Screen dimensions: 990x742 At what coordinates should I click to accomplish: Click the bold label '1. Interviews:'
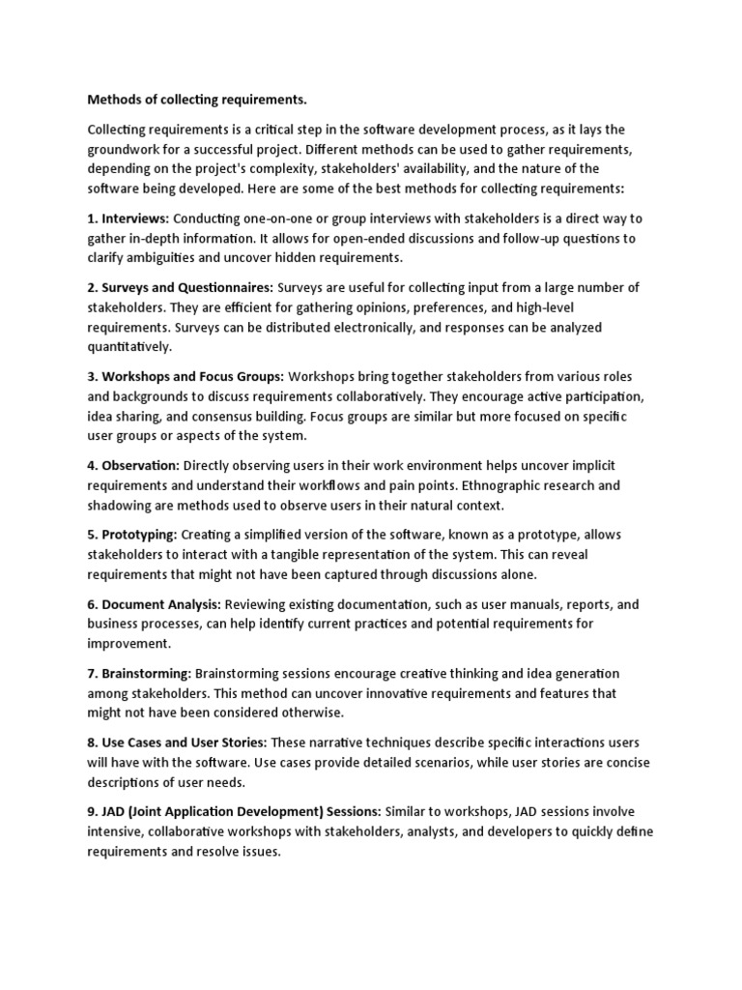tap(128, 219)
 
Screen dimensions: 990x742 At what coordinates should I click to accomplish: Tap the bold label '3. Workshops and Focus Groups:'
tap(185, 376)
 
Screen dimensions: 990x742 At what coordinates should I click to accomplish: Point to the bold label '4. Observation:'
tap(133, 465)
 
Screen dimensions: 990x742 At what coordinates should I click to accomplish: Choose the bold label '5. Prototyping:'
tap(132, 535)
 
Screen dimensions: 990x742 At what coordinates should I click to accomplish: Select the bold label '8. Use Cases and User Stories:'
tap(178, 742)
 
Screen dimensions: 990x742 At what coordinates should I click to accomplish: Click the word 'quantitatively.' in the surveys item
tap(129, 346)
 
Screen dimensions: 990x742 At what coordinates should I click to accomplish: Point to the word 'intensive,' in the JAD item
tap(120, 831)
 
